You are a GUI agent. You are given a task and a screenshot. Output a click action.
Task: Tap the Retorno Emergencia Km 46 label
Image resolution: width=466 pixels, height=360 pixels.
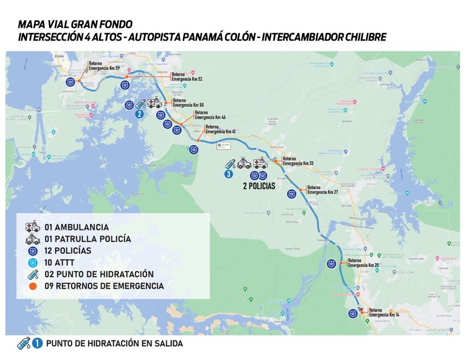coord(210,115)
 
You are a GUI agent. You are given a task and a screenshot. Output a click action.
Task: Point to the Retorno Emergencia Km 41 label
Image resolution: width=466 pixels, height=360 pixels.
coord(220,129)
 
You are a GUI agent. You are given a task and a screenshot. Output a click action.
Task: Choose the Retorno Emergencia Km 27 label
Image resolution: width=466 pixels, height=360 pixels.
coord(323,190)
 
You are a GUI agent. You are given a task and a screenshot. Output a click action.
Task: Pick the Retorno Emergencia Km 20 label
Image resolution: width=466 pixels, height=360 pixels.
coord(362,263)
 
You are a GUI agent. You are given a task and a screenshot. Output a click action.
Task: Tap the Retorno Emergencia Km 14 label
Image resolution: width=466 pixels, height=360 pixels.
coord(384,312)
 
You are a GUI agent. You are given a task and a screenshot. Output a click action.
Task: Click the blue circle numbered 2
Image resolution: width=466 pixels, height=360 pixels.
coord(140,114)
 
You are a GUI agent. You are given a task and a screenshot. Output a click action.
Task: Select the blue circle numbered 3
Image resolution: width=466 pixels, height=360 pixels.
coord(229,174)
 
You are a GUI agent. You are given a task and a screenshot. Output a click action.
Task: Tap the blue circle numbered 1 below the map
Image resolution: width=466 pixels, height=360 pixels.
coord(37,344)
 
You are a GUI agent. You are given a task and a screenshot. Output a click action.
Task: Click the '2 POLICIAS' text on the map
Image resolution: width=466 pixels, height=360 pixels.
coord(259,186)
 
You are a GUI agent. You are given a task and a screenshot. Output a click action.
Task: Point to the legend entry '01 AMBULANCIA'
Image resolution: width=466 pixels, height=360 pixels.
coord(76,227)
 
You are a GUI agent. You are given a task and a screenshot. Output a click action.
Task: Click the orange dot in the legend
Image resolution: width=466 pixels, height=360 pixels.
coord(33,286)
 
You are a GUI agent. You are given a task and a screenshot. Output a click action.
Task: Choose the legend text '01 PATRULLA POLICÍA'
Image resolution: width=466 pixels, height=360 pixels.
coord(88,239)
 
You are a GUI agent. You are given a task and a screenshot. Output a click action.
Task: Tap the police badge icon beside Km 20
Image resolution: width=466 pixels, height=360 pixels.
coord(331,264)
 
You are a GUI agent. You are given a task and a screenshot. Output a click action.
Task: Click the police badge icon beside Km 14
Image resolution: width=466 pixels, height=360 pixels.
coord(354,313)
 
